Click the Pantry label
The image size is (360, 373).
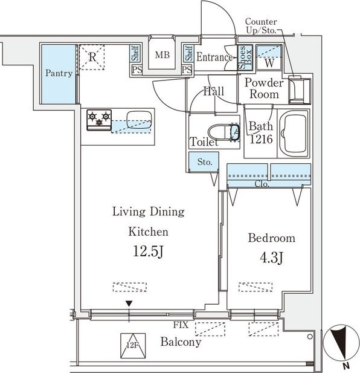pos(59,73)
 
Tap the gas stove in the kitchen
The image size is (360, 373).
pos(99,120)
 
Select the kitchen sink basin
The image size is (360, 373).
pos(139,120)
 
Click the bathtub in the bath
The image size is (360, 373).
pos(294,133)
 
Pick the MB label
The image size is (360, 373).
pos(162,55)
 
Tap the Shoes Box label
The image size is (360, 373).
pos(245,57)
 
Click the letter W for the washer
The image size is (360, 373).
pos(269,63)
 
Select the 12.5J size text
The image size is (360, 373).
pos(148,251)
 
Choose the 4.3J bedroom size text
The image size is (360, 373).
pos(271,258)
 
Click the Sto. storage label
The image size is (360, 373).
pos(205,162)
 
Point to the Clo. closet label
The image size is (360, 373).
pos(262,184)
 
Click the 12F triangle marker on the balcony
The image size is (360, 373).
pos(133,346)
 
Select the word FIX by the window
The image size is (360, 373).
pos(181,325)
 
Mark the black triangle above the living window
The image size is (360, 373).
pos(129,303)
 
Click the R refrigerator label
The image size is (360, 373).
pos(92,57)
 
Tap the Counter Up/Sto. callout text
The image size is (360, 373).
pos(261,25)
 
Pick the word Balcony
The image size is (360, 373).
pos(181,342)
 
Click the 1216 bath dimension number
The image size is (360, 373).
pos(261,139)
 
